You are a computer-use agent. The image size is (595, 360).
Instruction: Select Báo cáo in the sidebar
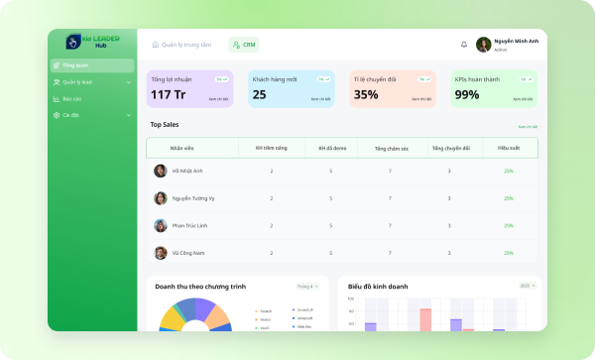[x=71, y=98]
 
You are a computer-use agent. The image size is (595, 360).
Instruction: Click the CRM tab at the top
[x=243, y=45]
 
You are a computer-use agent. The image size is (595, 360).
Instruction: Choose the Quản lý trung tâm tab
[x=181, y=45]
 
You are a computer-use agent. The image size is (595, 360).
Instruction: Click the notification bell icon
[x=464, y=45]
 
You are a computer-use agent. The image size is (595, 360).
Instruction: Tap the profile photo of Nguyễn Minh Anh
[x=483, y=45]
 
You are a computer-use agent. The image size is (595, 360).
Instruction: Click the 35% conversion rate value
[x=366, y=95]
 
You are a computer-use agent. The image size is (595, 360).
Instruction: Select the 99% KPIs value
[x=466, y=95]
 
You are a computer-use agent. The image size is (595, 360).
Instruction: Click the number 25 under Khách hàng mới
[x=259, y=95]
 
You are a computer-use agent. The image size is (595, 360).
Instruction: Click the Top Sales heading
[x=165, y=125]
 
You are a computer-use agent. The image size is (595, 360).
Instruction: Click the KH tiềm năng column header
[x=271, y=148]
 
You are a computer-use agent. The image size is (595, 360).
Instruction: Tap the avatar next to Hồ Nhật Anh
[x=160, y=171]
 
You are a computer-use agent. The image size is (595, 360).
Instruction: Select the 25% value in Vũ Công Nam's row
[x=508, y=253]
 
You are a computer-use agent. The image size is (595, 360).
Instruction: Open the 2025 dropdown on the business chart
[x=526, y=286]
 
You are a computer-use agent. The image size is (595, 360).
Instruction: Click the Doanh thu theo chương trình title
[x=199, y=286]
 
